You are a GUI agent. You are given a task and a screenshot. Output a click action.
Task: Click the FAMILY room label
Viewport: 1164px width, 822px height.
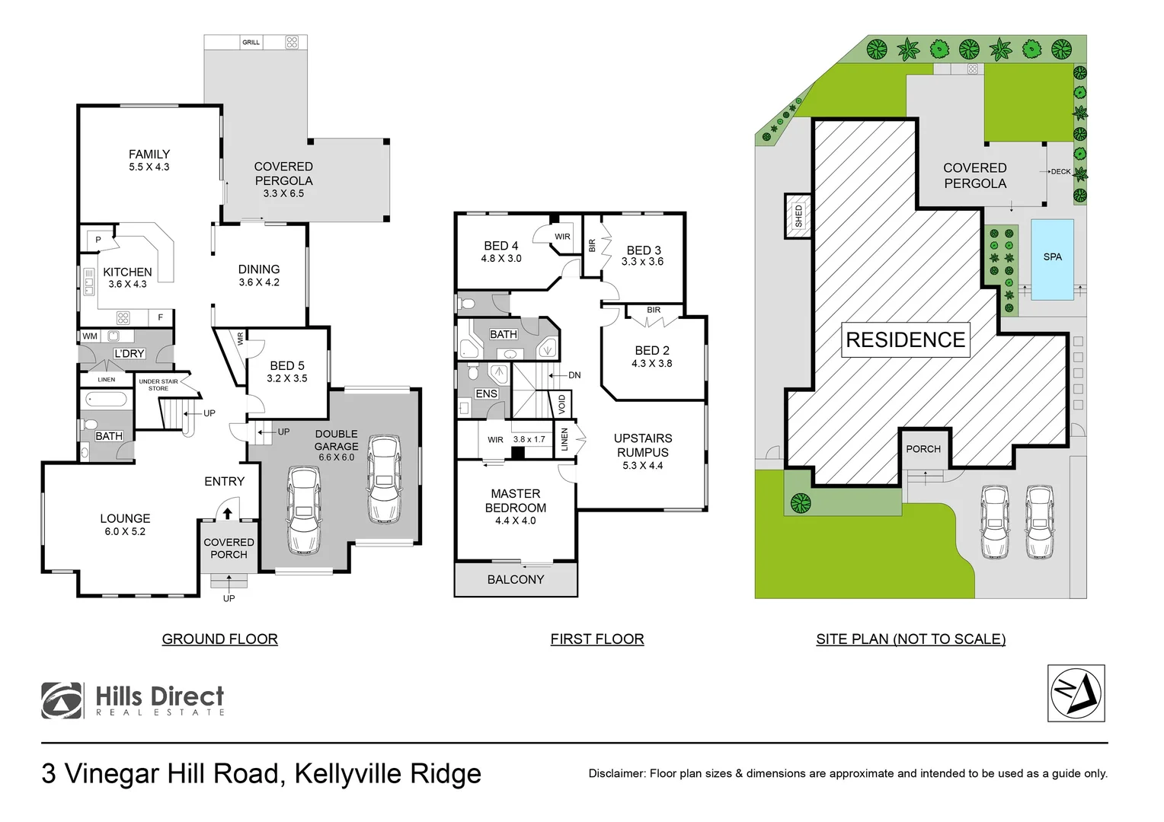pos(149,155)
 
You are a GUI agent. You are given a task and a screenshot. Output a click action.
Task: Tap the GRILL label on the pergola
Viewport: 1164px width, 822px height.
pos(251,43)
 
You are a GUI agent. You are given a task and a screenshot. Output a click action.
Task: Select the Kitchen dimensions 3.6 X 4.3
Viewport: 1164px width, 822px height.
pos(127,285)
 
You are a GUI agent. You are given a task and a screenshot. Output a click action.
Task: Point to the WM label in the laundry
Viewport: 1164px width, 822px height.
pos(90,336)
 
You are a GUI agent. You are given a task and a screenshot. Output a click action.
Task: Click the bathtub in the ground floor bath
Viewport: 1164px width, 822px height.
pos(106,399)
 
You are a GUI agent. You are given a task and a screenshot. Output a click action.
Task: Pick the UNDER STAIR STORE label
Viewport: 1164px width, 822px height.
pos(158,385)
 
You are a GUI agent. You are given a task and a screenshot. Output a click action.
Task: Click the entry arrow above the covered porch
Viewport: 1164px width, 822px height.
pos(227,513)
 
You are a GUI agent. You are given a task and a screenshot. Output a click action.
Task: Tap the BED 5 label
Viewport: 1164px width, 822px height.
pos(286,366)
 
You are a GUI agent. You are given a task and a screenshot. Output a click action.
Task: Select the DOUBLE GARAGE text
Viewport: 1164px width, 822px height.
pos(336,440)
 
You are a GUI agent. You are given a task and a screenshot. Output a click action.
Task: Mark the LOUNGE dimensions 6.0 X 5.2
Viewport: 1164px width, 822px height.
pos(125,532)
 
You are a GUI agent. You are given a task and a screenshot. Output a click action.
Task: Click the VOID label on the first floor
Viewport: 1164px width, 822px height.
pos(562,403)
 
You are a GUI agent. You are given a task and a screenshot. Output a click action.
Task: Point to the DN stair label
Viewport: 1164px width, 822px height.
pos(574,375)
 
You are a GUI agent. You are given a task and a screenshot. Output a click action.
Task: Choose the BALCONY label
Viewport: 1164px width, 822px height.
pos(516,580)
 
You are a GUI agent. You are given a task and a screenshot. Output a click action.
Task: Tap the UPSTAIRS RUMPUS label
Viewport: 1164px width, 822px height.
pos(643,445)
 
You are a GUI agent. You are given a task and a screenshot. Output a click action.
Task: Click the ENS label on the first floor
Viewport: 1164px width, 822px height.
pos(486,393)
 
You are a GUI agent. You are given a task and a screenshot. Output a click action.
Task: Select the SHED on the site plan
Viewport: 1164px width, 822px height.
pos(798,215)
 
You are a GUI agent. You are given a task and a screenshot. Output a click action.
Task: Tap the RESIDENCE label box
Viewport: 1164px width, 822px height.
pos(905,340)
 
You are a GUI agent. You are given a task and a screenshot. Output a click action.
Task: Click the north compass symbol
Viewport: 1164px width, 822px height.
pos(1076,693)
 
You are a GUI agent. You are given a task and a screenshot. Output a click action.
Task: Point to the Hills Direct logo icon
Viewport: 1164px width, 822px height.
pos(62,700)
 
